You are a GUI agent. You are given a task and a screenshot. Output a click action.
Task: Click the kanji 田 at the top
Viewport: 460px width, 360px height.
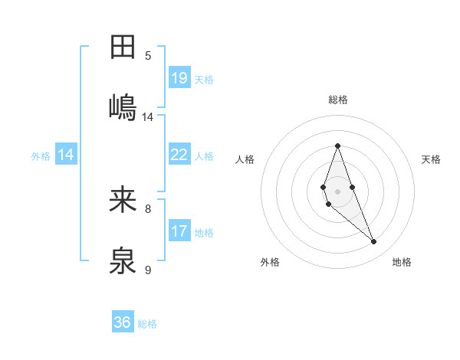pos(123,47)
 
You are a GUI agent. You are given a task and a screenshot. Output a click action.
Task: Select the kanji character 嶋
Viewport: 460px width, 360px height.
pos(123,106)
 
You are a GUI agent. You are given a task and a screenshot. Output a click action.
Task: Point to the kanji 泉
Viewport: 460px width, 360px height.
pos(123,261)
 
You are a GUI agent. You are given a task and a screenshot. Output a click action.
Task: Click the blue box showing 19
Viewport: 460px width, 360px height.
pos(179,78)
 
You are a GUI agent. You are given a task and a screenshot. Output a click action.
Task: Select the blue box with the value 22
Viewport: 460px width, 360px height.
pos(179,155)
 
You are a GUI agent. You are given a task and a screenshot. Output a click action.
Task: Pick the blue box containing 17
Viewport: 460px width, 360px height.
pos(179,231)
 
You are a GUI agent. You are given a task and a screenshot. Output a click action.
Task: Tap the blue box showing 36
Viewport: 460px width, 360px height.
pos(123,322)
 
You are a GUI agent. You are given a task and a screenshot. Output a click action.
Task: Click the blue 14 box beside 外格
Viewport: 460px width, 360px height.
pos(66,155)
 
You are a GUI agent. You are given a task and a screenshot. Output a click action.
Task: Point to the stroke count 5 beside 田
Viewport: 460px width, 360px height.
pos(148,56)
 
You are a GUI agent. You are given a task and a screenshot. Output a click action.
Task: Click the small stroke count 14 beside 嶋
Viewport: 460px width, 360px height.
pos(148,117)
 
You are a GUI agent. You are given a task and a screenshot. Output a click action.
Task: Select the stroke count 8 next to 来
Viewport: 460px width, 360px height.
pos(148,208)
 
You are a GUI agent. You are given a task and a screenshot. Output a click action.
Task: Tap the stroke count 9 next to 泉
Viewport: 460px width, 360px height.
pos(148,270)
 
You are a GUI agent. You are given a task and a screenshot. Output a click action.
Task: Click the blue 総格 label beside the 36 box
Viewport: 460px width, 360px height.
pos(147,324)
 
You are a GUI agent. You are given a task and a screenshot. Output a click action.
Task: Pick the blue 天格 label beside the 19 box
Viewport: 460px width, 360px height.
pos(204,80)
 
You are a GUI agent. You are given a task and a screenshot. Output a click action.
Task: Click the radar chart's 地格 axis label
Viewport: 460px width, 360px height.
pos(402,262)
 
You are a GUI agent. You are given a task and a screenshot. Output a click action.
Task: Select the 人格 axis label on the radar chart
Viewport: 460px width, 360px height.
pos(245,159)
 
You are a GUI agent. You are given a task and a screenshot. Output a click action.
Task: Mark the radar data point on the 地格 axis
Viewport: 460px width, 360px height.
pos(374,242)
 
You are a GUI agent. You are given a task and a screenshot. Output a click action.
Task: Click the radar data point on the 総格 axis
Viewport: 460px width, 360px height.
pos(337,145)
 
